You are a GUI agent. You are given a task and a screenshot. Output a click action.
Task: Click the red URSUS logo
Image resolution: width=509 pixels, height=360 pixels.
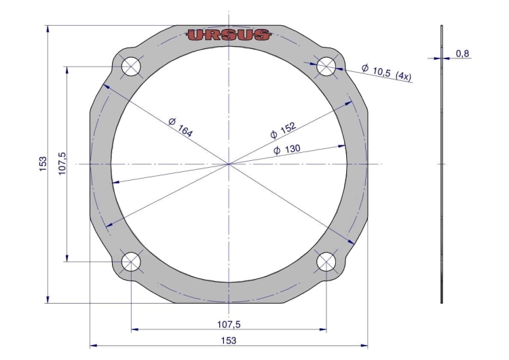click(x=229, y=35)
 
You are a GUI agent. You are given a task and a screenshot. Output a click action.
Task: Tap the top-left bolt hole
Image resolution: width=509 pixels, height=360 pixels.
click(x=131, y=67)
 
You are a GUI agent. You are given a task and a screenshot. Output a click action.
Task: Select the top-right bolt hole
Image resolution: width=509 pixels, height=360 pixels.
click(x=326, y=67)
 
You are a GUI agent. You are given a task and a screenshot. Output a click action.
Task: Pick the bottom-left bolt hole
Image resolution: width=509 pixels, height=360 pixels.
click(x=131, y=262)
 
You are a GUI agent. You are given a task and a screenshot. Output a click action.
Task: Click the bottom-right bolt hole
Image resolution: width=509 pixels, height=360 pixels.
click(x=326, y=262)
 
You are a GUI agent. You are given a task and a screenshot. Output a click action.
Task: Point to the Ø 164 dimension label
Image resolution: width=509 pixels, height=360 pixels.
click(x=181, y=127)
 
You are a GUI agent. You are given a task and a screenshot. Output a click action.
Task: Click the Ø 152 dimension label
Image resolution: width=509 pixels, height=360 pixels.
click(x=283, y=130)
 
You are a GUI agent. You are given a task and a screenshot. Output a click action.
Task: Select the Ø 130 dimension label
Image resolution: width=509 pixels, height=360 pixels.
click(x=287, y=150)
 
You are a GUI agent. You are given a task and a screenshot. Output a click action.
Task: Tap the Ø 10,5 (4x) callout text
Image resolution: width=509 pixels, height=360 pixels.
click(x=386, y=73)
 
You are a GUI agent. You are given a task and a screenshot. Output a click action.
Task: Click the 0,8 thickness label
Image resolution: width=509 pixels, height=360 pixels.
click(x=463, y=54)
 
